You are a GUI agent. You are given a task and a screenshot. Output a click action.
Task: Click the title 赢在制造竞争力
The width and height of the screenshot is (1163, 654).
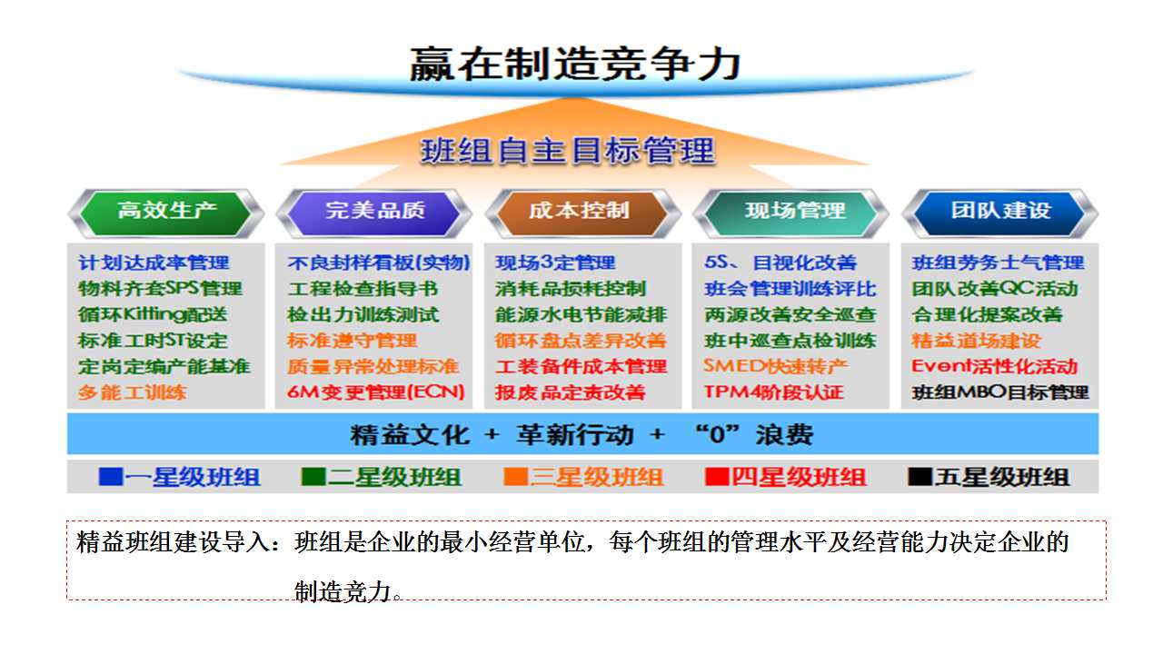tap(575, 64)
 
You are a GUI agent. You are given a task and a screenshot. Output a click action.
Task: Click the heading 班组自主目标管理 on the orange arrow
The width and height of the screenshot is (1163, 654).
tap(568, 151)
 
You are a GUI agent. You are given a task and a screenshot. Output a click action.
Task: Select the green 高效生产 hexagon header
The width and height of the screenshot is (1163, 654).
tap(166, 213)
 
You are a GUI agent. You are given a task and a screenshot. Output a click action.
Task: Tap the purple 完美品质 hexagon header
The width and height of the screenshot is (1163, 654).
tap(373, 213)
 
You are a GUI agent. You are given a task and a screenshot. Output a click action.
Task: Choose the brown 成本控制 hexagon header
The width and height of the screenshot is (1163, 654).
tap(582, 213)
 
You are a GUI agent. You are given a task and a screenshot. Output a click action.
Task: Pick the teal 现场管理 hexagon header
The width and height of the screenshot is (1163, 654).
tap(790, 213)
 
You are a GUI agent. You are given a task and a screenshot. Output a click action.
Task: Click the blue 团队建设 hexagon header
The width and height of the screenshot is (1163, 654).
tap(1000, 213)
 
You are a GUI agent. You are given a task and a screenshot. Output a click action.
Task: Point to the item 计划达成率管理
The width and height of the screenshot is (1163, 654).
tap(154, 263)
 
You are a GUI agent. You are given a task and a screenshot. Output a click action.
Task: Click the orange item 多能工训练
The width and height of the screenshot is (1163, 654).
tap(132, 392)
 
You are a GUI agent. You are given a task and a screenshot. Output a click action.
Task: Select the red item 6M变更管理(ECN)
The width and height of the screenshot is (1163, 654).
tap(375, 391)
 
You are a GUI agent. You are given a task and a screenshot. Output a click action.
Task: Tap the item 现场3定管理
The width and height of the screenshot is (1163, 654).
tap(555, 263)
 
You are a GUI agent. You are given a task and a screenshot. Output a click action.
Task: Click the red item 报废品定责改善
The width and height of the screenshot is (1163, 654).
tap(570, 392)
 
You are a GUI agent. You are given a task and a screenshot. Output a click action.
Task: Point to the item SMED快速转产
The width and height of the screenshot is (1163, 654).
tap(776, 366)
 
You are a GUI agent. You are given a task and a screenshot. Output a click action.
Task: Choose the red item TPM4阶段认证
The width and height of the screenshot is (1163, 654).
tap(773, 391)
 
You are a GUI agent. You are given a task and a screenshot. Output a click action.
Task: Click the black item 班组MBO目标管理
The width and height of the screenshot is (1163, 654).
tap(1000, 392)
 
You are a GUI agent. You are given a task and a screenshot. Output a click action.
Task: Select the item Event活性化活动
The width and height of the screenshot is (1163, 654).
tap(994, 366)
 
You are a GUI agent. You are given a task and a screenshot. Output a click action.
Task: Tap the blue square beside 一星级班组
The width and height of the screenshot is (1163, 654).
tap(111, 477)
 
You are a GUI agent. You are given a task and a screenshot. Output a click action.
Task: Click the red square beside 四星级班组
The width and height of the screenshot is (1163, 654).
tap(717, 477)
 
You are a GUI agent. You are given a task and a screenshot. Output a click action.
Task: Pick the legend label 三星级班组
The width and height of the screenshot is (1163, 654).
tap(596, 477)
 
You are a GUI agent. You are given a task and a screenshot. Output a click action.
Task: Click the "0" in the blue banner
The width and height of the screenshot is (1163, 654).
tap(717, 434)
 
